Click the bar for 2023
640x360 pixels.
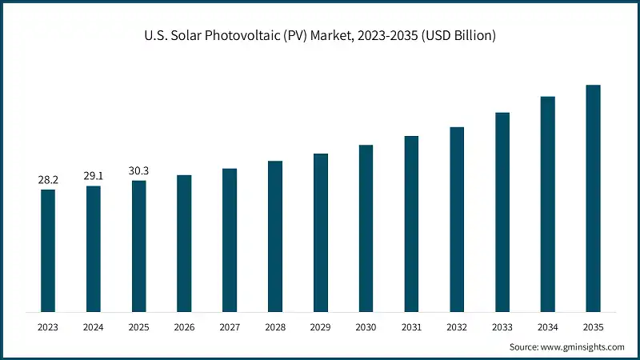pyautogui.click(x=48, y=250)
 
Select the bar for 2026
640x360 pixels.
pyautogui.click(x=184, y=243)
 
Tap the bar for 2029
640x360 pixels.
pyautogui.click(x=321, y=232)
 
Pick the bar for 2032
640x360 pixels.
pyautogui.click(x=457, y=219)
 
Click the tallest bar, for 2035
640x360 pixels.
pyautogui.click(x=593, y=198)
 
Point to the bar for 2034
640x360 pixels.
pyautogui.click(x=548, y=204)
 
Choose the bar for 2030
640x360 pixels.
pyautogui.click(x=366, y=228)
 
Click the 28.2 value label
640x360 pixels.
pyautogui.click(x=48, y=180)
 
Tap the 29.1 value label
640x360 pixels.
pyautogui.click(x=94, y=177)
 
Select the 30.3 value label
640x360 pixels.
pyautogui.click(x=139, y=171)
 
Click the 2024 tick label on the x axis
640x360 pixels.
pyautogui.click(x=94, y=326)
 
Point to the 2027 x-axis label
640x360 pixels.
pyautogui.click(x=230, y=326)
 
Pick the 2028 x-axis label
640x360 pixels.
pyautogui.click(x=275, y=326)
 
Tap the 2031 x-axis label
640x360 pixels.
pyautogui.click(x=411, y=326)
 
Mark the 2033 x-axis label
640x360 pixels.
pyautogui.click(x=502, y=326)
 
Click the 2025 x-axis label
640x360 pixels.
pyautogui.click(x=139, y=326)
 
